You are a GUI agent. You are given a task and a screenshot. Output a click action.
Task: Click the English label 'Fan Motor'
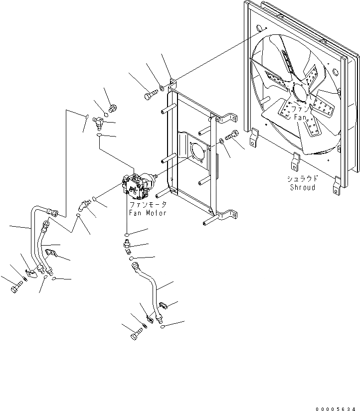pyautogui.click(x=147, y=213)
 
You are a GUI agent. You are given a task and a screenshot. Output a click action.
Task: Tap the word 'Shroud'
pyautogui.click(x=302, y=187)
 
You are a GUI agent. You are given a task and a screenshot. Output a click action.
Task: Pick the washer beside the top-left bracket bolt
pyautogui.click(x=163, y=90)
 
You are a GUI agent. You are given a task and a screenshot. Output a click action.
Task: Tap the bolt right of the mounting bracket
pyautogui.click(x=233, y=135)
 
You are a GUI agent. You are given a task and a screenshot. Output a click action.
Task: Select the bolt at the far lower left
pyautogui.click(x=16, y=287)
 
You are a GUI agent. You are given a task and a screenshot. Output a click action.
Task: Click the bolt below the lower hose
pyautogui.click(x=136, y=337)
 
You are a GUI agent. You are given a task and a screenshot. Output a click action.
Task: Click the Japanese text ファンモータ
pyautogui.click(x=147, y=205)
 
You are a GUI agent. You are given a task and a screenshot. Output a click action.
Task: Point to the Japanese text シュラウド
pyautogui.click(x=303, y=179)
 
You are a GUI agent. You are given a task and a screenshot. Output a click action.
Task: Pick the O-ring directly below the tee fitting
pyautogui.click(x=99, y=135)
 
